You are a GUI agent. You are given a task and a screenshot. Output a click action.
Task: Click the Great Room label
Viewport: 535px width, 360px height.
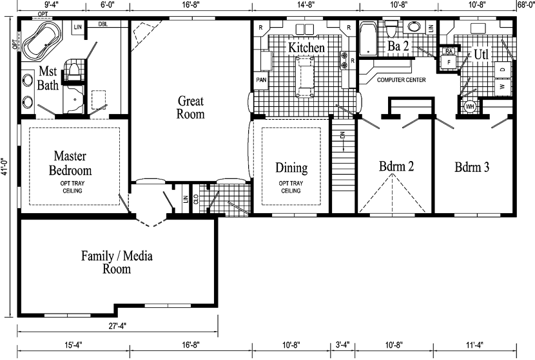(x=190, y=108)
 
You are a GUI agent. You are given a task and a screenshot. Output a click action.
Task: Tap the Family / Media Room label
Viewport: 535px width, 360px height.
(x=117, y=262)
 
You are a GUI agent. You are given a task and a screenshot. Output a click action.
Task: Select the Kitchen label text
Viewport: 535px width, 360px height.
(x=306, y=48)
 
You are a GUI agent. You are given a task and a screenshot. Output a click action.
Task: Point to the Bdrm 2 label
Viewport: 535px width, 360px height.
(x=396, y=166)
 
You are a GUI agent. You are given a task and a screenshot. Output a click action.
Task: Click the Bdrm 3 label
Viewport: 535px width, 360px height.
(x=472, y=167)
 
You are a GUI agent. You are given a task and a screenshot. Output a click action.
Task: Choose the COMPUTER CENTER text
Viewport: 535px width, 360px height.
(x=401, y=80)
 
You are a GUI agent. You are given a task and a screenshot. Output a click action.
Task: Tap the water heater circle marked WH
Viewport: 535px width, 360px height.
(x=470, y=107)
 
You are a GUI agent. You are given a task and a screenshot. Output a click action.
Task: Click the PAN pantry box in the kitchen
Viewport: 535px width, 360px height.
(x=261, y=81)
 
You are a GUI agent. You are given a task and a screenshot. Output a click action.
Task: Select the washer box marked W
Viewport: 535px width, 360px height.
(x=503, y=87)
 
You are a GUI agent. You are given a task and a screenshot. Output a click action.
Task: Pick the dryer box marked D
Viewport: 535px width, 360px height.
(x=503, y=70)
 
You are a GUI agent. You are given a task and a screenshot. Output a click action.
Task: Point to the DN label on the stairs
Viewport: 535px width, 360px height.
(x=344, y=135)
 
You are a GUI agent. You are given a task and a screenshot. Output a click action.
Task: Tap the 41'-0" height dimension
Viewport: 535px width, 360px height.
(x=4, y=167)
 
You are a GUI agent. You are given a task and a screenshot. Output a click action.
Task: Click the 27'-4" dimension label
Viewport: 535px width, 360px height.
(x=117, y=326)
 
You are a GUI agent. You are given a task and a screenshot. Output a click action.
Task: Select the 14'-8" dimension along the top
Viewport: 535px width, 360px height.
(x=306, y=5)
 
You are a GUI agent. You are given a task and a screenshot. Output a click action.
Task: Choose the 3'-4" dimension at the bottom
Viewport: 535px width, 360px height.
(x=342, y=345)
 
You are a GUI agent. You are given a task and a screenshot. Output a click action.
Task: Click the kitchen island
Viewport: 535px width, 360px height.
(x=305, y=77)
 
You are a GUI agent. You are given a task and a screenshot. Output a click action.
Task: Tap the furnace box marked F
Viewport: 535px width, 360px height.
(x=449, y=62)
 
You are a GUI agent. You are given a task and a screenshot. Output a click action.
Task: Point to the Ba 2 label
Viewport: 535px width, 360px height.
(x=398, y=46)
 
